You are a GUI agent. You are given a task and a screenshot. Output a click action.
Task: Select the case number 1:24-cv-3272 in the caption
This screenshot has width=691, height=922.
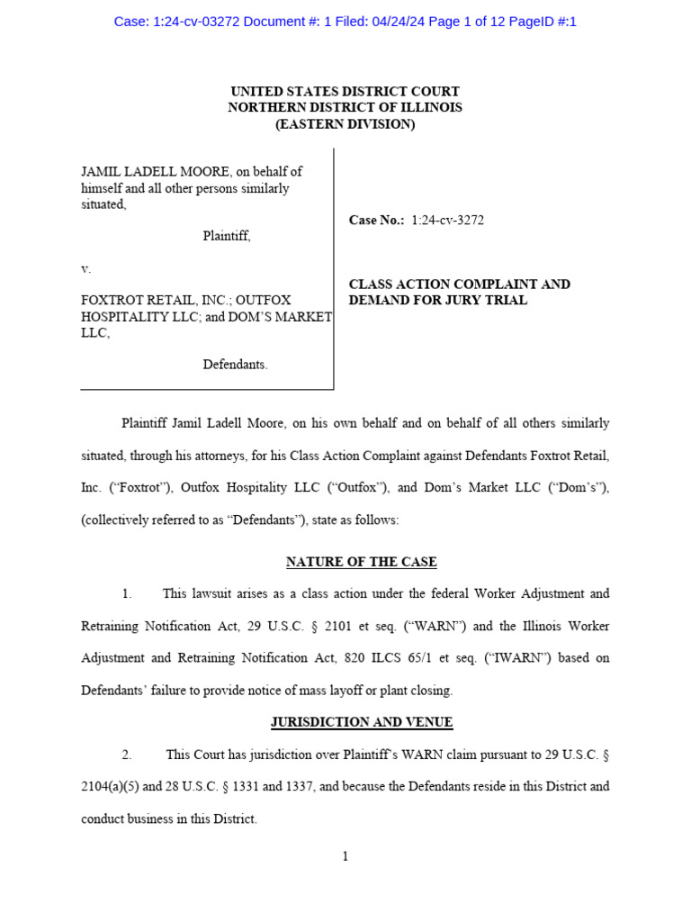[447, 220]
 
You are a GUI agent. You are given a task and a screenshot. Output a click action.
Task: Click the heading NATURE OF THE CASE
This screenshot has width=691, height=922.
[361, 562]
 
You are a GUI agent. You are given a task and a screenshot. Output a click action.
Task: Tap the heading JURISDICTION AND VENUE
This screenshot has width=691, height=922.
[362, 722]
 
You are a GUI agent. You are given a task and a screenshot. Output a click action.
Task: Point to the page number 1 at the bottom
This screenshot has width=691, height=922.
[345, 856]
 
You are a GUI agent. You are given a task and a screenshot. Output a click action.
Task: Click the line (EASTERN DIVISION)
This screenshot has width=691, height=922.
[345, 124]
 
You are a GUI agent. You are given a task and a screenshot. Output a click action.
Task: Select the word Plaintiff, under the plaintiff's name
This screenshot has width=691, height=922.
[226, 236]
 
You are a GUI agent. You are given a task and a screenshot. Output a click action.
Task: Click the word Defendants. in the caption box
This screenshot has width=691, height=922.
[235, 365]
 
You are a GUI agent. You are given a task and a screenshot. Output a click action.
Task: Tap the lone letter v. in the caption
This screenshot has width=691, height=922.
[86, 268]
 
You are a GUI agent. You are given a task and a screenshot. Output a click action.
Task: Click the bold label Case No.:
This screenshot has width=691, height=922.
[376, 220]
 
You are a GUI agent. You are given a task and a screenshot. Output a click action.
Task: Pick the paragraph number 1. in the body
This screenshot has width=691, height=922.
[127, 593]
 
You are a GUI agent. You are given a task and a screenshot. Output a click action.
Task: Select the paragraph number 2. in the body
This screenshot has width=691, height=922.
[127, 754]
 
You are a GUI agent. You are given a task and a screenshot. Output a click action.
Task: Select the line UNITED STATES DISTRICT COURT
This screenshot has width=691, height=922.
[345, 92]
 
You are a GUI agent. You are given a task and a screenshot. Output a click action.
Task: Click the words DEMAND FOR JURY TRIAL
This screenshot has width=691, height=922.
[437, 301]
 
